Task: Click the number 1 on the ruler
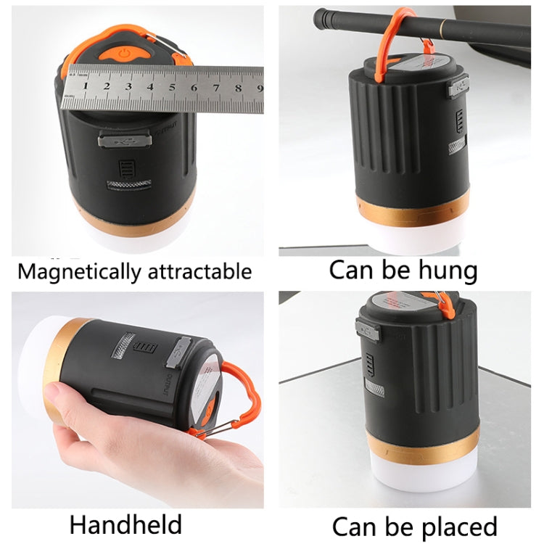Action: (86, 86)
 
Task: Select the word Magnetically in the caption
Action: (80, 272)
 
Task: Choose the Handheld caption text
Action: (125, 524)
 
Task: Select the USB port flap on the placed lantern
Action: (368, 329)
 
